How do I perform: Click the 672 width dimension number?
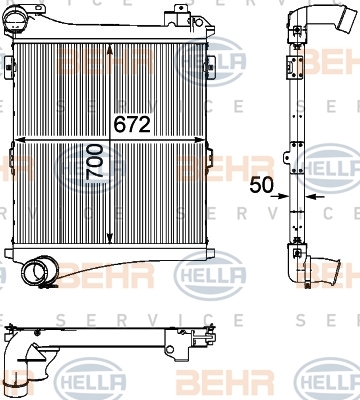132,125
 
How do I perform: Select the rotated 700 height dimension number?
94,162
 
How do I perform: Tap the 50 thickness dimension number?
261,185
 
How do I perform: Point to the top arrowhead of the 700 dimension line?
110,49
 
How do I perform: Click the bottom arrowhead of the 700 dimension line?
110,237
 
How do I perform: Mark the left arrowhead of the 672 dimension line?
21,140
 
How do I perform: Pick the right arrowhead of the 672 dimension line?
199,140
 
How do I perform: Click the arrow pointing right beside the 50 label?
280,196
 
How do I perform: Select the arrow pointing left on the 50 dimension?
315,197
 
